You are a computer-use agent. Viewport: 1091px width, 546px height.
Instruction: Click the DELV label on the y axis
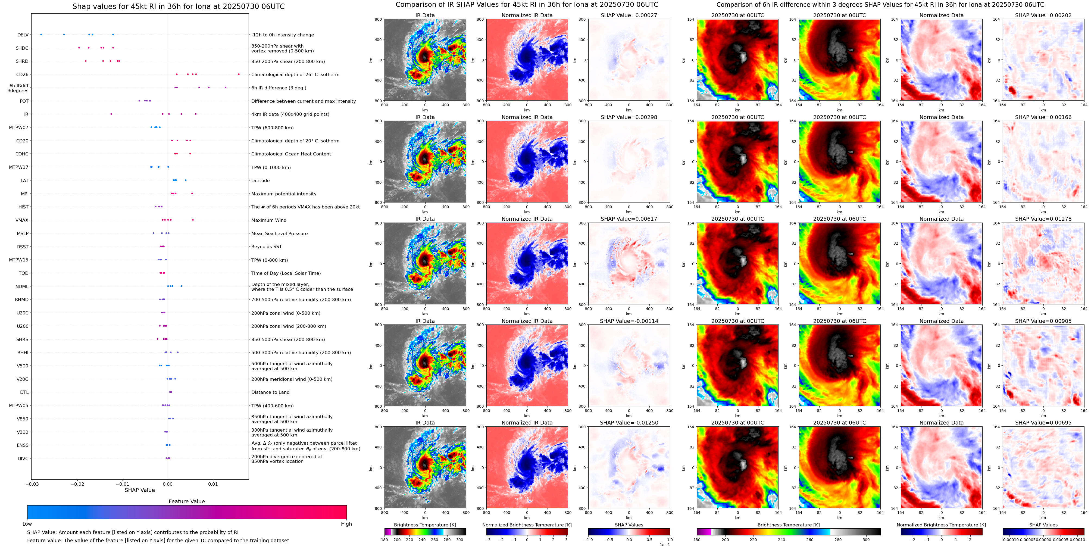click(23, 35)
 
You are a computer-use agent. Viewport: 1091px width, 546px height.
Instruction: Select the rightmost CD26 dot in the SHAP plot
click(239, 74)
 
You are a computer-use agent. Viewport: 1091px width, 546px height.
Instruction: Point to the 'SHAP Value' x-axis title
click(139, 490)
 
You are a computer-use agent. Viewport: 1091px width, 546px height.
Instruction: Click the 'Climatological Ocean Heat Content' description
click(291, 154)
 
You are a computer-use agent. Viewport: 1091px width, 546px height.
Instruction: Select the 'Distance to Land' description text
click(270, 392)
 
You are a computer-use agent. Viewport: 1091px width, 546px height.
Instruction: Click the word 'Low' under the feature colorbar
click(27, 524)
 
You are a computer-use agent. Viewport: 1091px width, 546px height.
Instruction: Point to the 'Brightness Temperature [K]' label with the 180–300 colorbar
click(425, 525)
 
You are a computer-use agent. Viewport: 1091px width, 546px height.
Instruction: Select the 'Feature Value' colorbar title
click(186, 501)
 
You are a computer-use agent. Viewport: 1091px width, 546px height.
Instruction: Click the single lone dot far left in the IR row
click(111, 114)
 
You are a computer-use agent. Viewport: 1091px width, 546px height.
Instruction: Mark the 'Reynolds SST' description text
click(266, 247)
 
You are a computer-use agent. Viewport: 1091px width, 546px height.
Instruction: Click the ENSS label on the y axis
click(23, 445)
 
